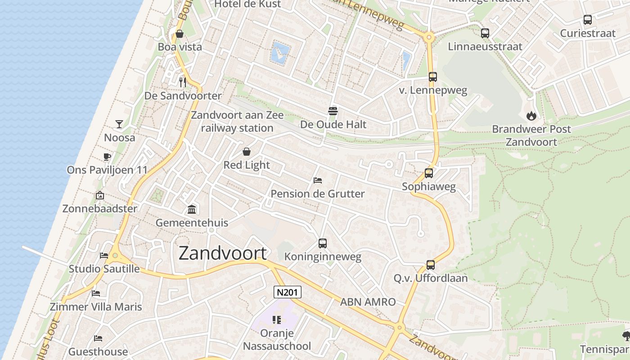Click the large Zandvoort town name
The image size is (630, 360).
[x=223, y=253]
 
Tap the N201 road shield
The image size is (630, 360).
[x=287, y=292]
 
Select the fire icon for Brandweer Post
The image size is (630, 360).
[x=531, y=116]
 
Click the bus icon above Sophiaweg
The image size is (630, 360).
[x=429, y=173]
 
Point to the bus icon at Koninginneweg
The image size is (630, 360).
[x=323, y=243]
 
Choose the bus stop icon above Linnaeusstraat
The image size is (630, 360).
[x=485, y=33]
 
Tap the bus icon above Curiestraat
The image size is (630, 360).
[x=587, y=20]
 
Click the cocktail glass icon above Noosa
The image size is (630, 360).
[x=119, y=124]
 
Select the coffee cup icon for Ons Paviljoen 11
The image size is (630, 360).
[x=107, y=157]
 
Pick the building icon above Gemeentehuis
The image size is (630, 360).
[x=192, y=209]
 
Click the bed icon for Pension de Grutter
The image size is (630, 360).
[x=318, y=180]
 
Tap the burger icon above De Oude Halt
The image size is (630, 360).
[x=333, y=111]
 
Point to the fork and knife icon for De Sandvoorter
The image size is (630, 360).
[x=183, y=82]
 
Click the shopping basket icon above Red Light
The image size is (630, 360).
[x=247, y=152]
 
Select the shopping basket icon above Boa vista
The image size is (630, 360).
[x=179, y=34]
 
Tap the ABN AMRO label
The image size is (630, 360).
[x=368, y=302]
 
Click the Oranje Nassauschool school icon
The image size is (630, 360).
[x=277, y=320]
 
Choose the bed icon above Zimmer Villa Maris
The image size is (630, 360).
[x=96, y=293]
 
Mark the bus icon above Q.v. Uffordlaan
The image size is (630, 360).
[x=431, y=265]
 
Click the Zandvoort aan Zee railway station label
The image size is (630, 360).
[x=237, y=121]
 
